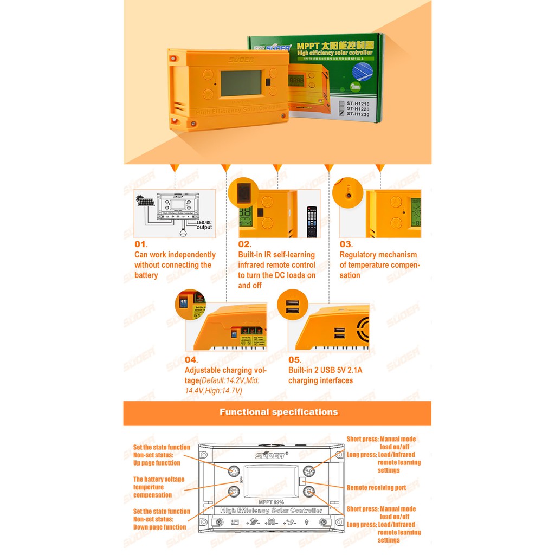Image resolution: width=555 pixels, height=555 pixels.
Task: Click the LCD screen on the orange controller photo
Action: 241,83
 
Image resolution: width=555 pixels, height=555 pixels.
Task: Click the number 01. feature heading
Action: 141,244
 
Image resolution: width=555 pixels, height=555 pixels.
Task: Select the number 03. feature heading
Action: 346,244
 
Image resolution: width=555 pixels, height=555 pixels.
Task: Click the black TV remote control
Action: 311,221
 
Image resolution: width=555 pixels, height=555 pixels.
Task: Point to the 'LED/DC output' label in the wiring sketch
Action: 204,225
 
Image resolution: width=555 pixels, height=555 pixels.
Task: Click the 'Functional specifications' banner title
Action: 279,412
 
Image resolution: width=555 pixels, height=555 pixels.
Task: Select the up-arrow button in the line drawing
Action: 234,471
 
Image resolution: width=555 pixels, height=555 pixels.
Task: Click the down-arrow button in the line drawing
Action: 234,492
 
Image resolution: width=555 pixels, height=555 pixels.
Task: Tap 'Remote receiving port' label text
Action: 376,488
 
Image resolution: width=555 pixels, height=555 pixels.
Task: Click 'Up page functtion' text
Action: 157,463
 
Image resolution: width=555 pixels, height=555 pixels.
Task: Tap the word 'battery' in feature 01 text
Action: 146,275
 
